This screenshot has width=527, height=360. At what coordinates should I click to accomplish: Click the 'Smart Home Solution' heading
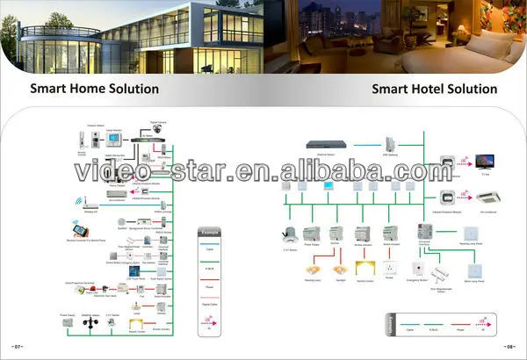pyautogui.click(x=95, y=89)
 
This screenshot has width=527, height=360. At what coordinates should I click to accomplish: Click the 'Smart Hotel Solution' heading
pyautogui.click(x=434, y=89)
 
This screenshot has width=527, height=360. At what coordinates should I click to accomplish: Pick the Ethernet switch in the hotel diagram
pyautogui.click(x=321, y=142)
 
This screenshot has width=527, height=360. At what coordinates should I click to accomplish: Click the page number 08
pyautogui.click(x=509, y=346)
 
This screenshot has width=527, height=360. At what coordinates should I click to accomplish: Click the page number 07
pyautogui.click(x=18, y=346)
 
